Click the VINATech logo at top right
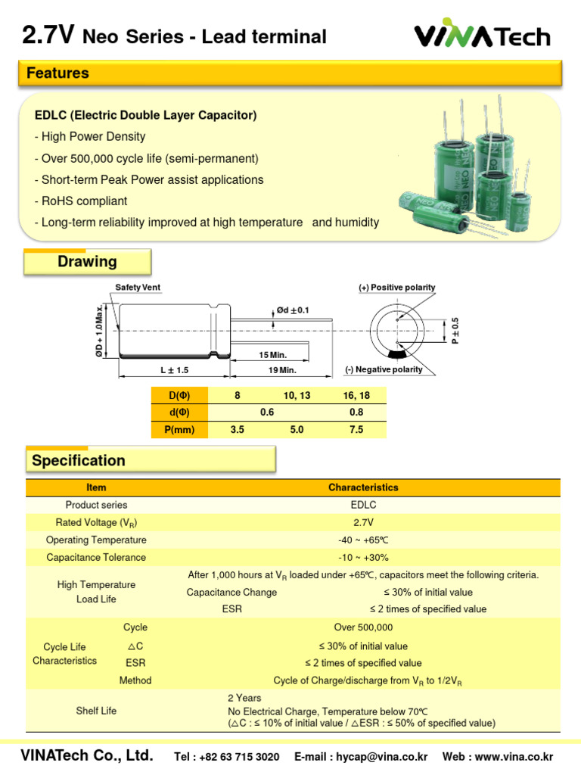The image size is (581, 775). coord(482,36)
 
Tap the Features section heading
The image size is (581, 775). coord(57,73)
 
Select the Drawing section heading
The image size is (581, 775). coord(87,262)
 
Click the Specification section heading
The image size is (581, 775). coord(78,460)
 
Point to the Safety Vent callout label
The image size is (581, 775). coord(138,288)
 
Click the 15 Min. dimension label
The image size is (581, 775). coord(273,355)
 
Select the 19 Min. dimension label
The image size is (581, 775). coord(282,370)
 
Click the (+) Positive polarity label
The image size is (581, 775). coord(396,288)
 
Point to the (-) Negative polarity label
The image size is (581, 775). coord(384,369)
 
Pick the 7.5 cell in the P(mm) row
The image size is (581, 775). coord(356,430)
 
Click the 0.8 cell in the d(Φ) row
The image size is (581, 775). coord(356,412)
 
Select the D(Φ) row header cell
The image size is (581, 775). coord(179,395)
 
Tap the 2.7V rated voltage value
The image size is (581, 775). coord(363,522)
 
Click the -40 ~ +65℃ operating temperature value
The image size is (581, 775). coord(363,540)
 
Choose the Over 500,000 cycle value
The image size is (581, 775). coord(363,627)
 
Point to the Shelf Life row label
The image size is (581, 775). coord(96,711)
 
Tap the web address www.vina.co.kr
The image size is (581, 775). coord(518,757)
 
